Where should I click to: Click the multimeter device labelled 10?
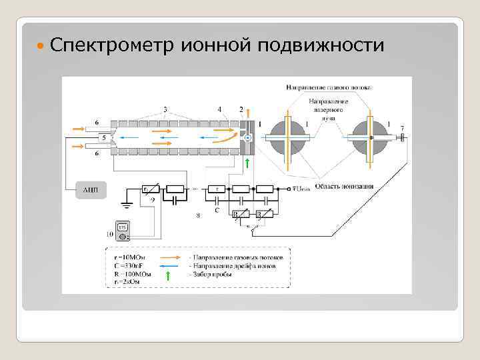(122, 230)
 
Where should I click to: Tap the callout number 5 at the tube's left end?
(103, 137)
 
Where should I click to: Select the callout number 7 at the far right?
(401, 127)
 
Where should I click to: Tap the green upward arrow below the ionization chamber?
(247, 163)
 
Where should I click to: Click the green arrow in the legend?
(167, 273)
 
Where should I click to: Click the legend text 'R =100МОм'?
(133, 273)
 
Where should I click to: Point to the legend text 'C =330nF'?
(130, 265)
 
